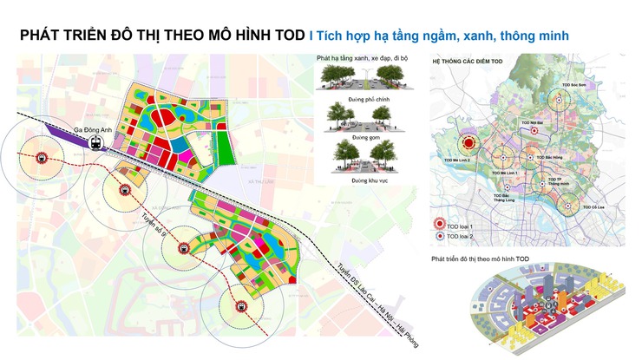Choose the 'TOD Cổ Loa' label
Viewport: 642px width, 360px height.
[x=593, y=208]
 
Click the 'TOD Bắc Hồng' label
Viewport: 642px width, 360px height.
[x=548, y=157]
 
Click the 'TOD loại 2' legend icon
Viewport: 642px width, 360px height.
[x=440, y=236]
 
